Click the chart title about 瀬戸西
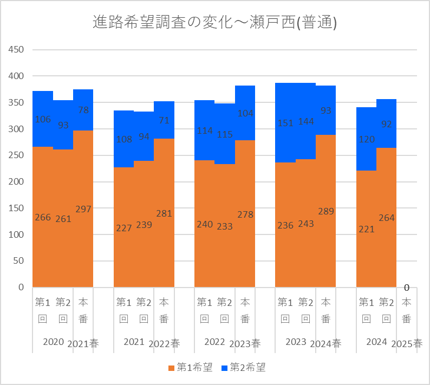[215, 23]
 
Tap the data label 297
[83, 209]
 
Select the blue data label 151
[285, 123]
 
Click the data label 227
[124, 228]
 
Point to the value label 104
[245, 113]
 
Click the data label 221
[367, 229]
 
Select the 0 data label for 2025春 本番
[406, 288]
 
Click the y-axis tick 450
[17, 50]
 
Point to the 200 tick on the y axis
[17, 182]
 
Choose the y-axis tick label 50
[19, 261]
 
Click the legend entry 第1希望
[190, 368]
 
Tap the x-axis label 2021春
[83, 344]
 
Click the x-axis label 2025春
[407, 344]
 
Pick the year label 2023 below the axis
[295, 342]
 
